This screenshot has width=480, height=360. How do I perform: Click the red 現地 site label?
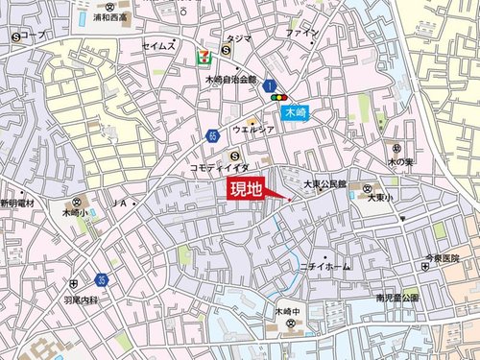[246, 189]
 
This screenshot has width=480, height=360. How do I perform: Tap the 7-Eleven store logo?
[204, 57]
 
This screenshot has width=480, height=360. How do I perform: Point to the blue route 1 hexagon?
[270, 85]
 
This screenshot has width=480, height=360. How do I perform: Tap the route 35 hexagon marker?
[102, 279]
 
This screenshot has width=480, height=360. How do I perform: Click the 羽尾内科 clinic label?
[73, 299]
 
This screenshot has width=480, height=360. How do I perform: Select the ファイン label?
[300, 33]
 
